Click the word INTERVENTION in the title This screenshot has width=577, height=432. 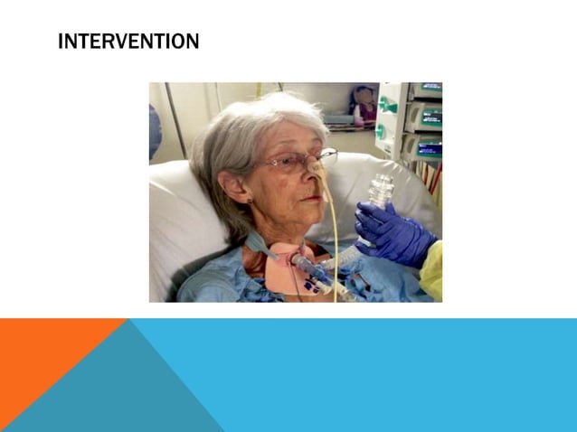click(128, 42)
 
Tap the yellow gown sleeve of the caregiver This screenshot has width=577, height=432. click(433, 272)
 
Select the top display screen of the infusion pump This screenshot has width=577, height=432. click(429, 88)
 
